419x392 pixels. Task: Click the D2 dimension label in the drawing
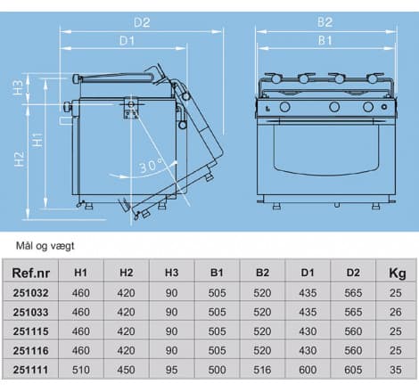(x=142, y=22)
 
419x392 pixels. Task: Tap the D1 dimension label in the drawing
(x=127, y=41)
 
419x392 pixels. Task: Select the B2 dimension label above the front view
(x=325, y=22)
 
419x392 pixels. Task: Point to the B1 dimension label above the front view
(x=325, y=40)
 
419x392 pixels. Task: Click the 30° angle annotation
(x=152, y=166)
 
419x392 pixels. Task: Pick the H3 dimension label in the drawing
(x=19, y=87)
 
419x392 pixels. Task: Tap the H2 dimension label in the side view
(x=20, y=159)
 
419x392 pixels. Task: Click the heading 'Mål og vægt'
(x=45, y=246)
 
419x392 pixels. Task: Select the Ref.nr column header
(x=30, y=273)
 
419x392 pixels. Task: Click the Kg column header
(x=397, y=273)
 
